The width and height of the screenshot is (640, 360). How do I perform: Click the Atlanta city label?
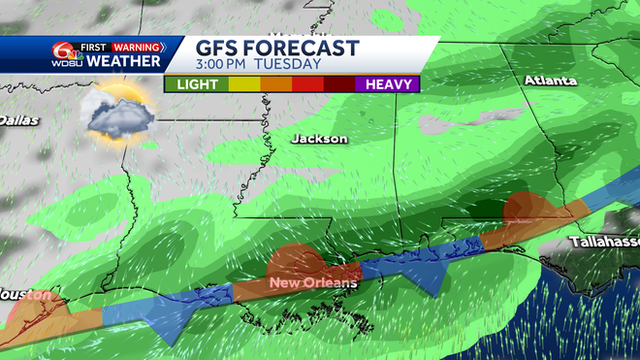point(552,80)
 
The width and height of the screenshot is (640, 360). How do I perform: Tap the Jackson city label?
point(319,139)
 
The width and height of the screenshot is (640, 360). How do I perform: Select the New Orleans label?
point(313,282)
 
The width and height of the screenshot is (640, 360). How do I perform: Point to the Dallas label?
point(18,120)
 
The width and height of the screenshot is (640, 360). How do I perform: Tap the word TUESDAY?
point(289,65)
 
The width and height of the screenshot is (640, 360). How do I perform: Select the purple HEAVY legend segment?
point(390,84)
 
